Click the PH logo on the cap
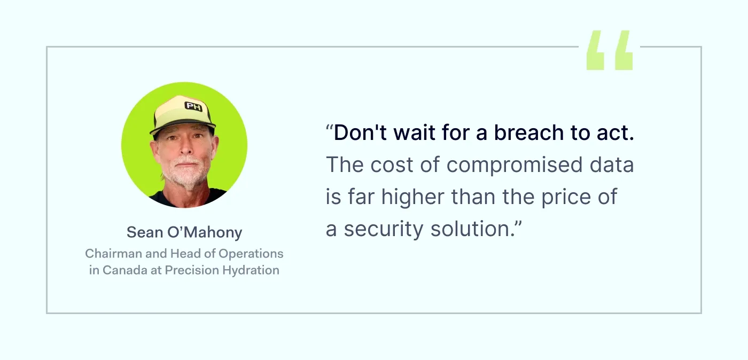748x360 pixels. coord(193,106)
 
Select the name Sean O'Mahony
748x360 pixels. coord(184,232)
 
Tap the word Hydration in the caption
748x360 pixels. coord(253,270)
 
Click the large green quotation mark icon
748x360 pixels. coord(610,51)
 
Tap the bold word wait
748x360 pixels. coord(413,133)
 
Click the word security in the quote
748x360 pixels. coord(389,229)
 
